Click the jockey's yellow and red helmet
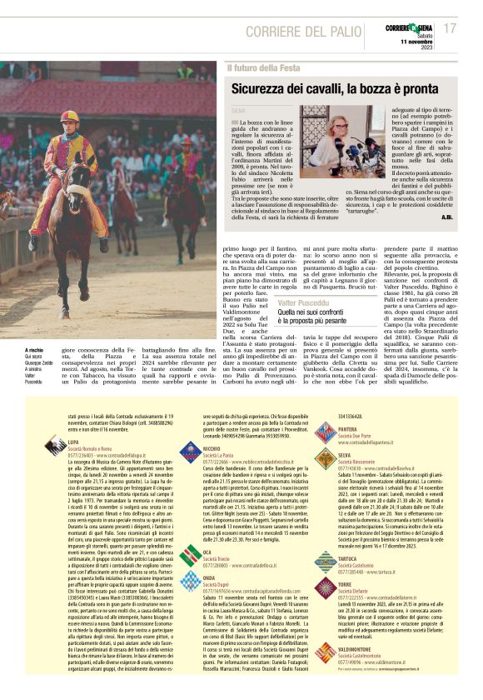pyautogui.click(x=69, y=116)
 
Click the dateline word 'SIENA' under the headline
pyautogui.click(x=239, y=111)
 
